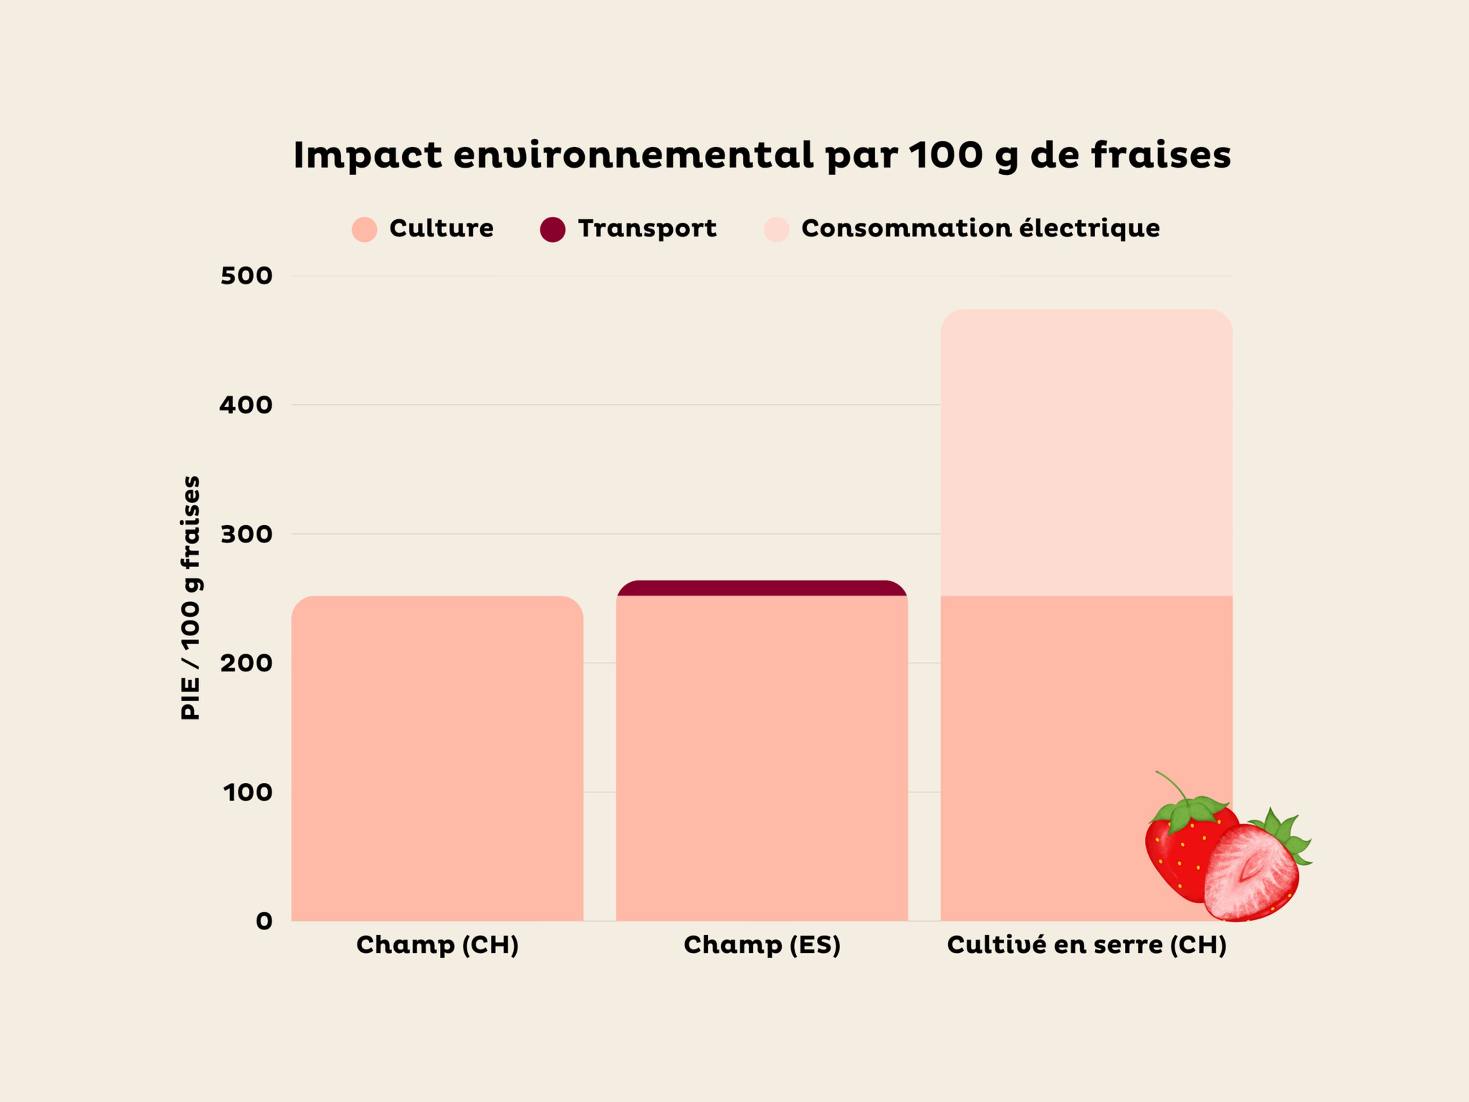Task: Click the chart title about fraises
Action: [x=762, y=155]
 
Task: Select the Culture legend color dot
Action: [x=364, y=229]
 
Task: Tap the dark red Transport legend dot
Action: [x=552, y=229]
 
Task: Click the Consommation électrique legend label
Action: [x=980, y=228]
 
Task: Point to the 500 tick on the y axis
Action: [x=246, y=276]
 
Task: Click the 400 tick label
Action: [x=246, y=405]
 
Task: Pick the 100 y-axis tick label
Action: [x=248, y=792]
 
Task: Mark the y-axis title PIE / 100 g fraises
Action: [x=190, y=597]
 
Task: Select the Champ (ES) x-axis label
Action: [x=762, y=945]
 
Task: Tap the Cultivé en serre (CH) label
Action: [x=1087, y=945]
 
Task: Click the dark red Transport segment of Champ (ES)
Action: [x=762, y=588]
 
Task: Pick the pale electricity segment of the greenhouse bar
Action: [x=1087, y=451]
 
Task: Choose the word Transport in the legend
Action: [x=647, y=228]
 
